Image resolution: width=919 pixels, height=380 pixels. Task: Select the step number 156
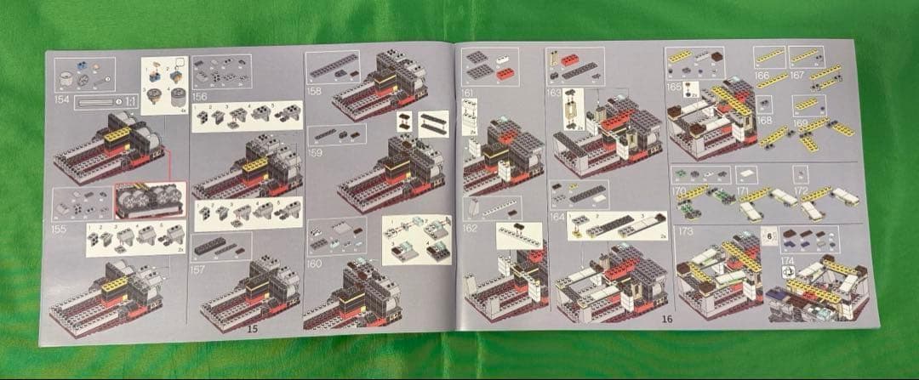click(x=200, y=97)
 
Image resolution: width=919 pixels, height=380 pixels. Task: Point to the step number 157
click(x=199, y=269)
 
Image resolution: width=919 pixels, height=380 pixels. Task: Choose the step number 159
click(x=316, y=153)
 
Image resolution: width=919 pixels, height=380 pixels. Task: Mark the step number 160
click(x=316, y=264)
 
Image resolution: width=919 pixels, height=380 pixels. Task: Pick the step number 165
click(x=674, y=87)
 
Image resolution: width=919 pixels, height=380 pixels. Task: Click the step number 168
click(x=763, y=122)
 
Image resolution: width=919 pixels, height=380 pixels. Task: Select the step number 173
click(x=684, y=231)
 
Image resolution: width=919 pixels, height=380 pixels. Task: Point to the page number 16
click(x=666, y=320)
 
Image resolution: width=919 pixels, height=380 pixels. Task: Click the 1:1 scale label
click(x=131, y=102)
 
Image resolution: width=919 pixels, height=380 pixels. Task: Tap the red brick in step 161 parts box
click(x=505, y=74)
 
